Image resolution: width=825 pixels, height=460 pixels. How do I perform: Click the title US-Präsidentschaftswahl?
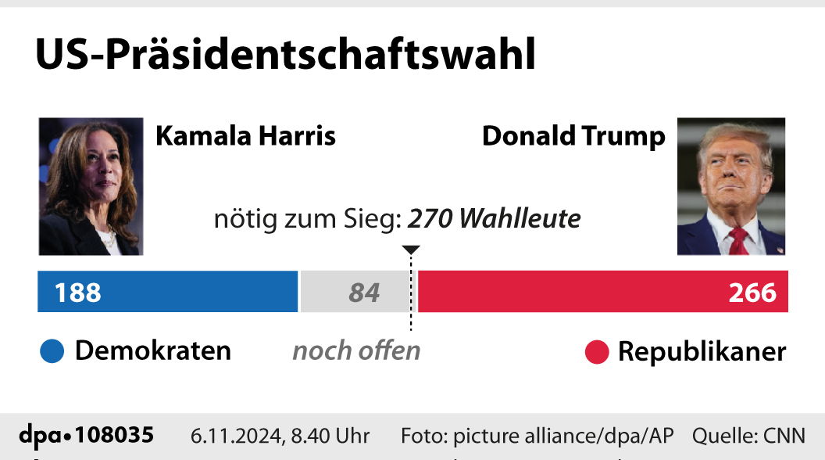point(285,55)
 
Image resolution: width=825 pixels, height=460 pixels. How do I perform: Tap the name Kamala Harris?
point(245,135)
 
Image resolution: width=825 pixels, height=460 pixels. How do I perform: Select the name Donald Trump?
point(573,135)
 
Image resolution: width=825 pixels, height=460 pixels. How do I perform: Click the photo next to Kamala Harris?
point(91,186)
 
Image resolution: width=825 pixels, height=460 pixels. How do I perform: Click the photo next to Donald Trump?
point(730,186)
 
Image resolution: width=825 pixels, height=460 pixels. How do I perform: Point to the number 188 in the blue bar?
point(77,293)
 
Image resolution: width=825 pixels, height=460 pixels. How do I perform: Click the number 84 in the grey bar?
point(364,293)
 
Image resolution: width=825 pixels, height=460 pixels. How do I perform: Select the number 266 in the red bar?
point(752,293)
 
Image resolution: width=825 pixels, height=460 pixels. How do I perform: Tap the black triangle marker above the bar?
point(411,250)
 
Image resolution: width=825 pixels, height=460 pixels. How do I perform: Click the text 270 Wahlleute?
point(495,219)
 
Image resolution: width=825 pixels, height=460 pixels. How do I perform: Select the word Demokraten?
point(153,350)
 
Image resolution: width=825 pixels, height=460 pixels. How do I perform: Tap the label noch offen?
point(356,350)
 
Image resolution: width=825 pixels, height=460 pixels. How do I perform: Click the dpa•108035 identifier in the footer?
point(87,435)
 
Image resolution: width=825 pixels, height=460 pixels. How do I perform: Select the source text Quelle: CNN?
point(748,436)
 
